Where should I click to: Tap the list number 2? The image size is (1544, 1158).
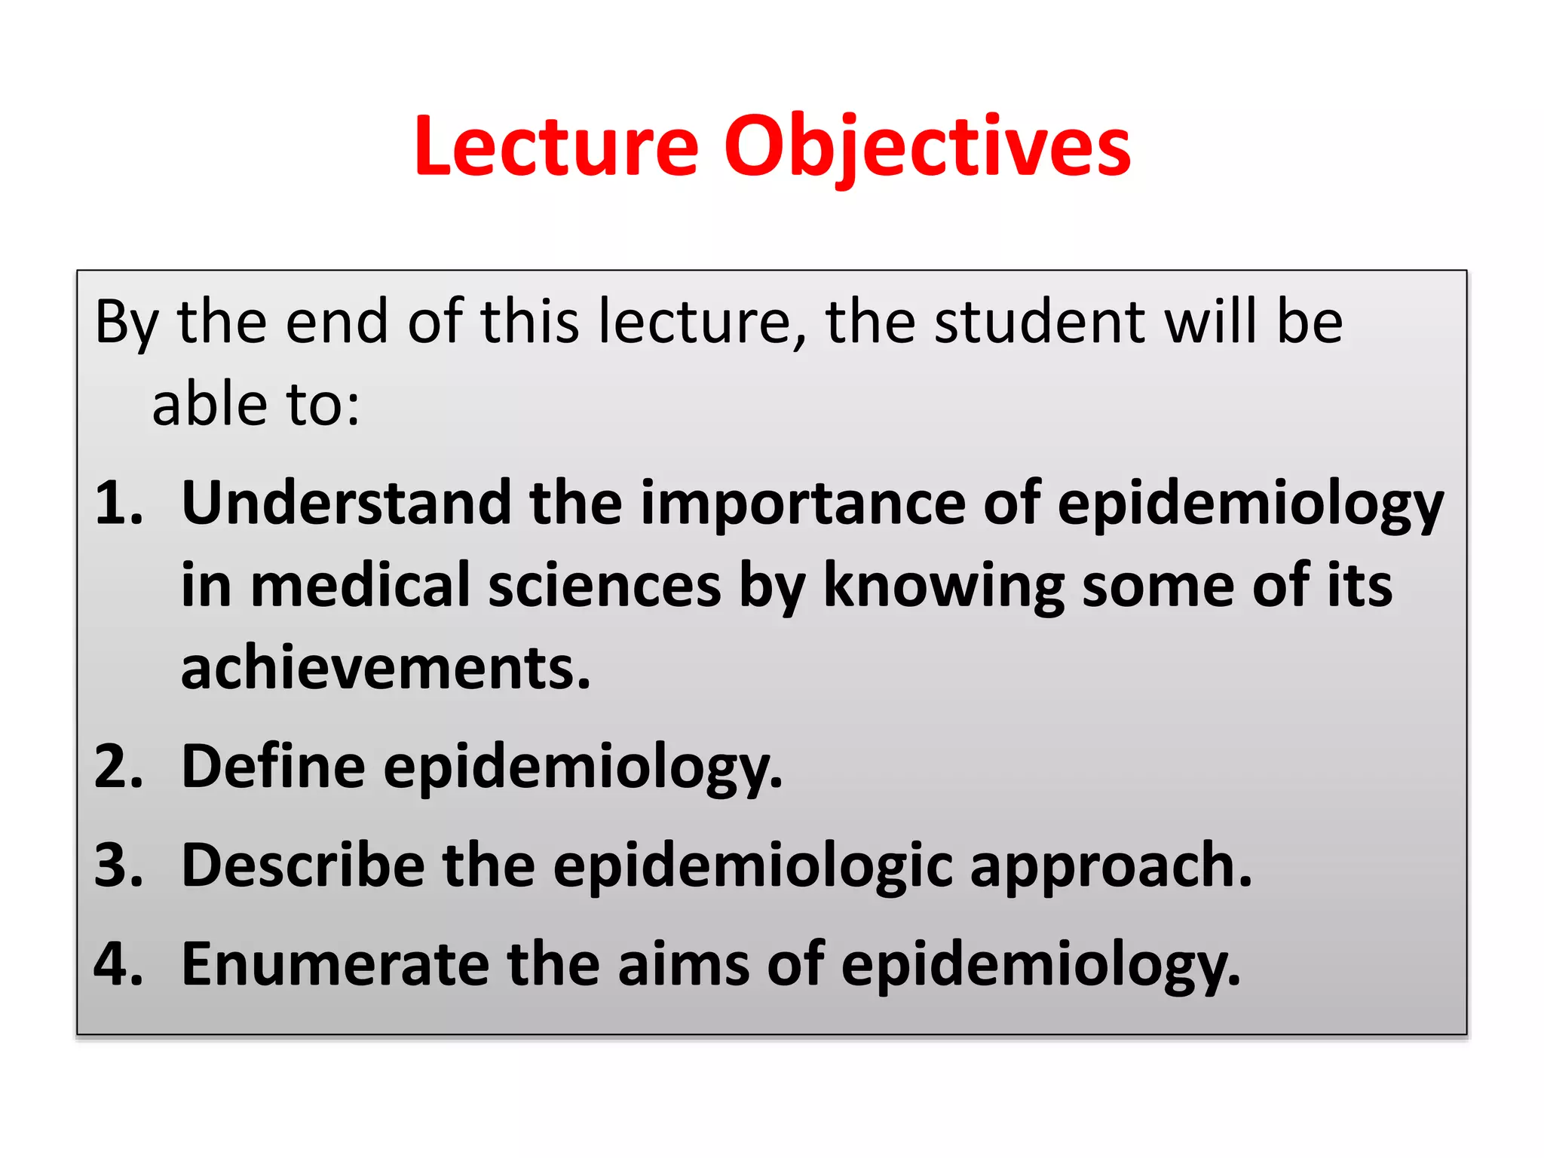pos(118,767)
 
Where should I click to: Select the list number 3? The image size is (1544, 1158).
pos(118,865)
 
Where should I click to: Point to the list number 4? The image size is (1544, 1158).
pos(118,964)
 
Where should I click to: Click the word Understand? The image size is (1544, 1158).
pos(346,504)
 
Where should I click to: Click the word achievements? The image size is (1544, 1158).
pos(385,669)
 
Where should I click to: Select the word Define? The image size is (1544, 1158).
pos(273,767)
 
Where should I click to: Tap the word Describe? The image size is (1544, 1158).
pos(302,865)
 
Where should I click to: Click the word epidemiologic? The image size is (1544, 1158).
pos(752,865)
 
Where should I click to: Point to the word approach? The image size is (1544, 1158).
pos(1111,865)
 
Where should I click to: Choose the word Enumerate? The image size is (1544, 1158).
pos(335,964)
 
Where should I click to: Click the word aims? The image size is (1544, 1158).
pos(683,964)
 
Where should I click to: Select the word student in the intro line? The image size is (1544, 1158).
pos(1040,323)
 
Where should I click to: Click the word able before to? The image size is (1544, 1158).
pos(210,405)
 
